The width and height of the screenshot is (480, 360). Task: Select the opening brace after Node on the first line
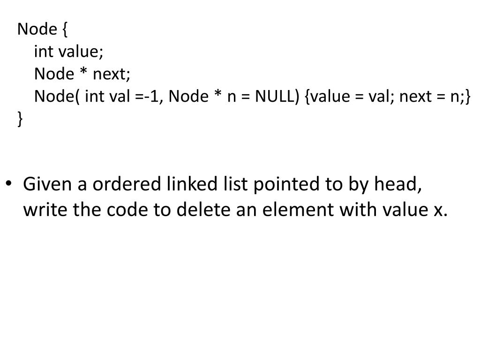tap(64, 30)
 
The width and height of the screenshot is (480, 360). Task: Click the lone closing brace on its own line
tap(20, 119)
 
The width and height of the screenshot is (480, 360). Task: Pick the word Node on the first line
tap(37, 30)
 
